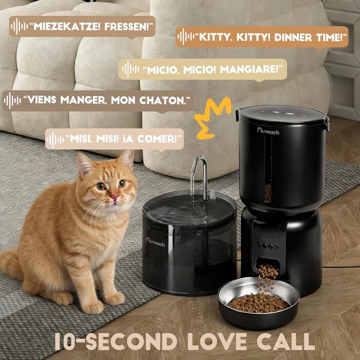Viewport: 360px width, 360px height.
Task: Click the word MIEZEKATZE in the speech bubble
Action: click(x=67, y=27)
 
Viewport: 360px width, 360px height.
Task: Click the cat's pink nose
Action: click(x=114, y=197)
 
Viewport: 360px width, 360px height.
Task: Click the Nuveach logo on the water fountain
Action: click(x=155, y=242)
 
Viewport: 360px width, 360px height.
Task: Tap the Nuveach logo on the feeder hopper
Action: click(x=268, y=131)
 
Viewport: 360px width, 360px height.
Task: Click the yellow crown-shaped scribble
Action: click(x=212, y=118)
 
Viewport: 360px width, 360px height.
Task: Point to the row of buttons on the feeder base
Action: click(x=268, y=246)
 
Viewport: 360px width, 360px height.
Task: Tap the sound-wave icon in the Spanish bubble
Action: click(x=55, y=139)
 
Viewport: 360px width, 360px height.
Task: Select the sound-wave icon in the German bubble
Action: click(x=20, y=26)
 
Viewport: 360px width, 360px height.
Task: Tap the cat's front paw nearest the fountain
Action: click(x=115, y=298)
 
